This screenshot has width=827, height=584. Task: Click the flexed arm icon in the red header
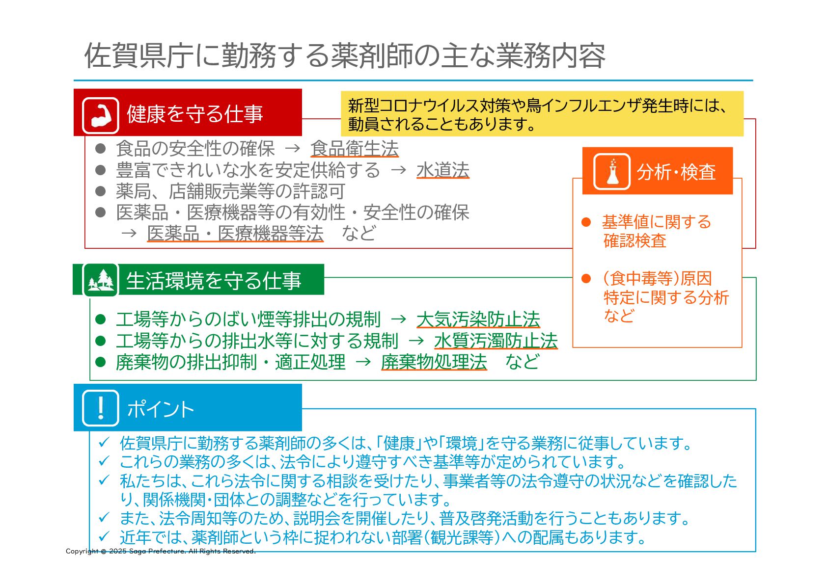coord(101,116)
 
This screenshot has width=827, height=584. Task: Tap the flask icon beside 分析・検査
coord(611,172)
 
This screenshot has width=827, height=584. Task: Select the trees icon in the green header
coord(101,280)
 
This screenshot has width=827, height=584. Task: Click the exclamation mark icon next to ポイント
coord(101,408)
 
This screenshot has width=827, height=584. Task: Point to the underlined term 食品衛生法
coord(354,149)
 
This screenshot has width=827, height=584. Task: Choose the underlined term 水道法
coord(442,170)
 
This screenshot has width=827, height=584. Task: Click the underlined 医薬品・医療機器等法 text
coord(235,233)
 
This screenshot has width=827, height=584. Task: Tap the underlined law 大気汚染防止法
coord(478,319)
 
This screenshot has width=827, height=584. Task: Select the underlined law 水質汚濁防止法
coord(496,341)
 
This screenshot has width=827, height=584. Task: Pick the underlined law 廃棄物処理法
coord(434,362)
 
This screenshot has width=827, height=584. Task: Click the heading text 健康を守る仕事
coord(195,114)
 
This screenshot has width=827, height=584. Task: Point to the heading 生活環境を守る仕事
coord(214,281)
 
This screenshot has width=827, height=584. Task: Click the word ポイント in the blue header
coord(161,409)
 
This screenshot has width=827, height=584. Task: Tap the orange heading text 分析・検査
coord(676,172)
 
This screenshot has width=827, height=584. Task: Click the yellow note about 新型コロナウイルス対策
coord(542,114)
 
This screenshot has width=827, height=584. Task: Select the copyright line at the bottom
coord(161,551)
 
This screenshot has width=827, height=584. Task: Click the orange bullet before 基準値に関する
coord(586,222)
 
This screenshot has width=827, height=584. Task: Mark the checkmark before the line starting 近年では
coord(104,536)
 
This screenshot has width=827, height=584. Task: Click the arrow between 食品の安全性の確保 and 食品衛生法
coord(292,148)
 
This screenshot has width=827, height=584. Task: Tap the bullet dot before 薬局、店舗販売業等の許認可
coord(101,191)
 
